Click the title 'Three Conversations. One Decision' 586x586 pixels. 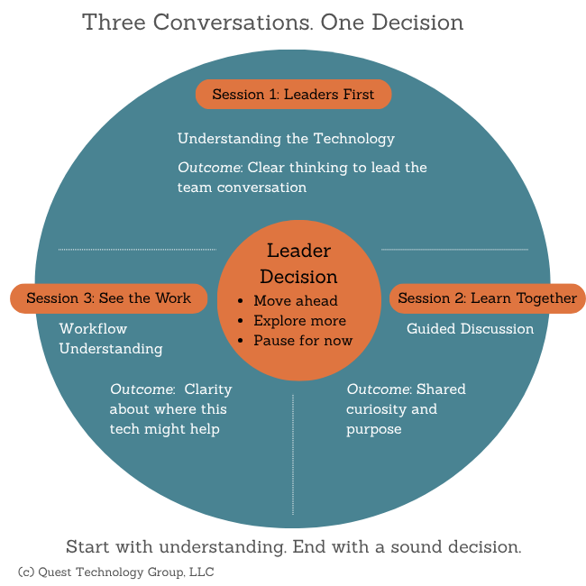(x=272, y=22)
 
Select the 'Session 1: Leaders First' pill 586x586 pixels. (x=293, y=95)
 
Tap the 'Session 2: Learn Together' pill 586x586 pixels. (x=487, y=298)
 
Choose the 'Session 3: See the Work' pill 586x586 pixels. (x=108, y=298)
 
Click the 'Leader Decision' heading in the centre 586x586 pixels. (x=298, y=263)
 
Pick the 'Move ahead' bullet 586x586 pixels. (x=295, y=301)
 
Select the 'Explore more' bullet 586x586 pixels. (x=299, y=321)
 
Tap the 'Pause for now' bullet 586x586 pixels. (x=303, y=341)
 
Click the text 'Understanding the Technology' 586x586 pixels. (x=286, y=139)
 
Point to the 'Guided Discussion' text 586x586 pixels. (x=470, y=329)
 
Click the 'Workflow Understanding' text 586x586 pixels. (x=111, y=339)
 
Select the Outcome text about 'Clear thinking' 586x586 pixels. (x=301, y=178)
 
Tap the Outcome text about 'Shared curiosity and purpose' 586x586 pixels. (x=406, y=409)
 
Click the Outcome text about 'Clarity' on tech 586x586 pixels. (x=170, y=409)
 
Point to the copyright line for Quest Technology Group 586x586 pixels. (x=115, y=572)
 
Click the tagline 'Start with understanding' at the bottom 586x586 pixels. (x=293, y=547)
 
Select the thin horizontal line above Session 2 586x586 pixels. (x=454, y=250)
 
